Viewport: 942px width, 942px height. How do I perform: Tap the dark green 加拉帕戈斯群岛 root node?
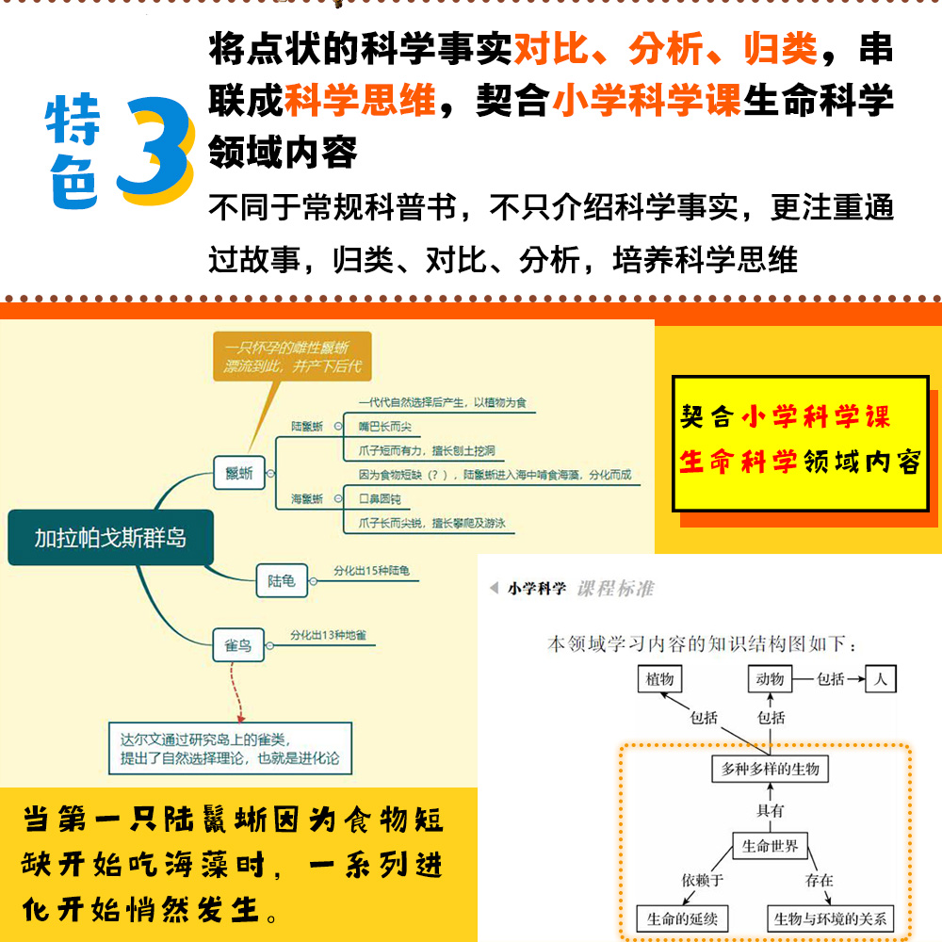coord(110,538)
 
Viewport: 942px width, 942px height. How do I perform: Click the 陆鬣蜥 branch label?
coord(306,427)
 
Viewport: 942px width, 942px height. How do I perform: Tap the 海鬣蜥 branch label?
coord(306,497)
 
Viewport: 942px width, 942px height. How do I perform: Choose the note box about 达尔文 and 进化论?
coord(230,749)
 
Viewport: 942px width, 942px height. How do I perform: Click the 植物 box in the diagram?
coord(660,678)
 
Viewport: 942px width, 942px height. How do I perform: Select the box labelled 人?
coord(881,678)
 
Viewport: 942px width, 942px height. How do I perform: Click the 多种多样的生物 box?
coord(770,770)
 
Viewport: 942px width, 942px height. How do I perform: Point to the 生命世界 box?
coord(771,846)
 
